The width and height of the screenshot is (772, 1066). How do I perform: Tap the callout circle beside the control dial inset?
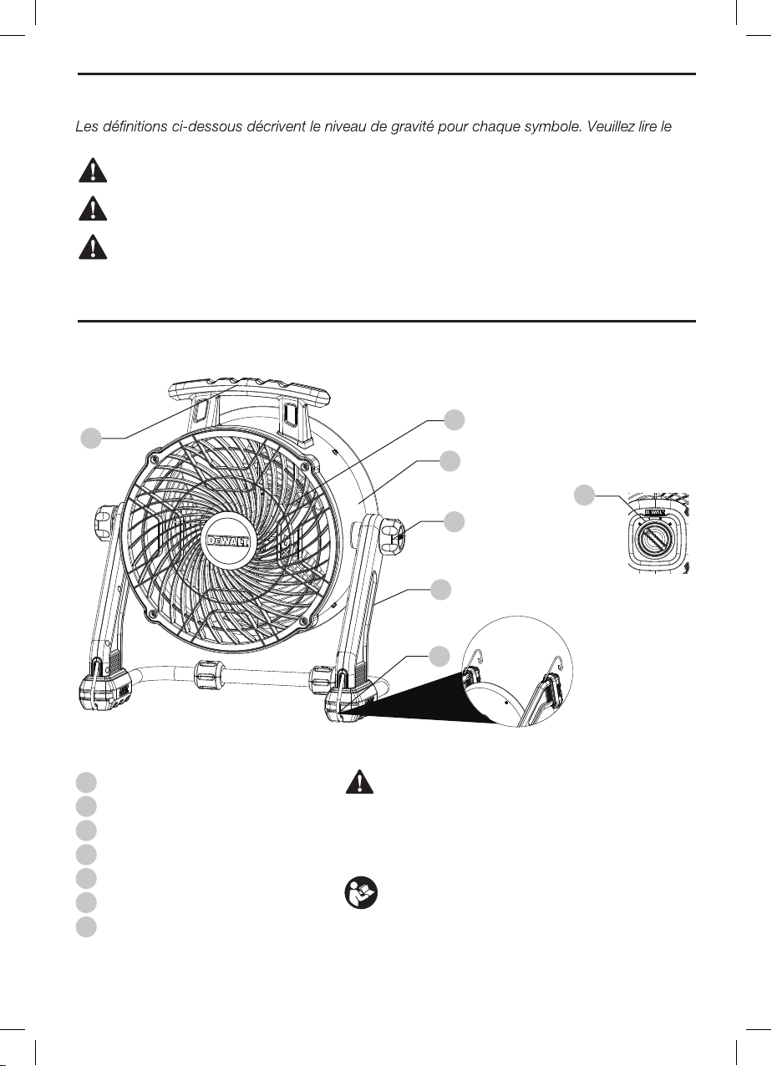coord(587,495)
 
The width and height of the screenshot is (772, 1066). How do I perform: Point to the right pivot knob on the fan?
coord(394,533)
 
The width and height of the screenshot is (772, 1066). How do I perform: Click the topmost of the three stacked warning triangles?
coord(87,170)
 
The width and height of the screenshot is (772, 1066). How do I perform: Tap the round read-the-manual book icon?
coord(360,895)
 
